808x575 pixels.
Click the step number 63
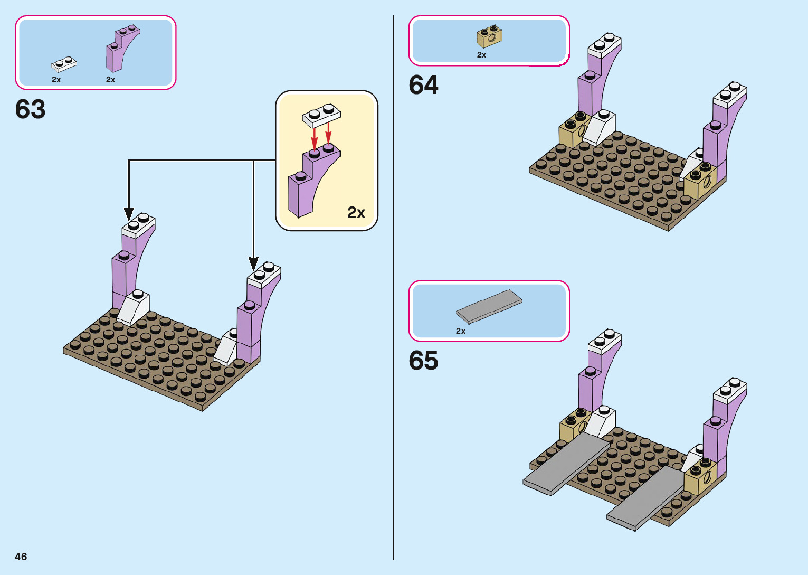(31, 109)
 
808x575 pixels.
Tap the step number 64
(423, 85)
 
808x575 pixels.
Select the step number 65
(423, 361)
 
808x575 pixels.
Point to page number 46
(21, 557)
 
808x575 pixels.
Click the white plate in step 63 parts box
(64, 64)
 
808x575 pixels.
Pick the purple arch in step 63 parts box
(121, 50)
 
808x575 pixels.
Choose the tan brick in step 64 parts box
(489, 36)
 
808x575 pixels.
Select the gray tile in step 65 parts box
(489, 306)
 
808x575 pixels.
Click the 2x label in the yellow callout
(356, 212)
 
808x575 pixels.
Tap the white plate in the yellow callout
(321, 116)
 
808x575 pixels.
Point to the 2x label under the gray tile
(461, 331)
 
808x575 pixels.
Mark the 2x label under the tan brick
(481, 55)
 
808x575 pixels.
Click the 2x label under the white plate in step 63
(56, 80)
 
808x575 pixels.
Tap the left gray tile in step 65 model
(567, 464)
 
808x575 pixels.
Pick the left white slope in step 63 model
(134, 308)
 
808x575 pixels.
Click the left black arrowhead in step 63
(129, 213)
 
